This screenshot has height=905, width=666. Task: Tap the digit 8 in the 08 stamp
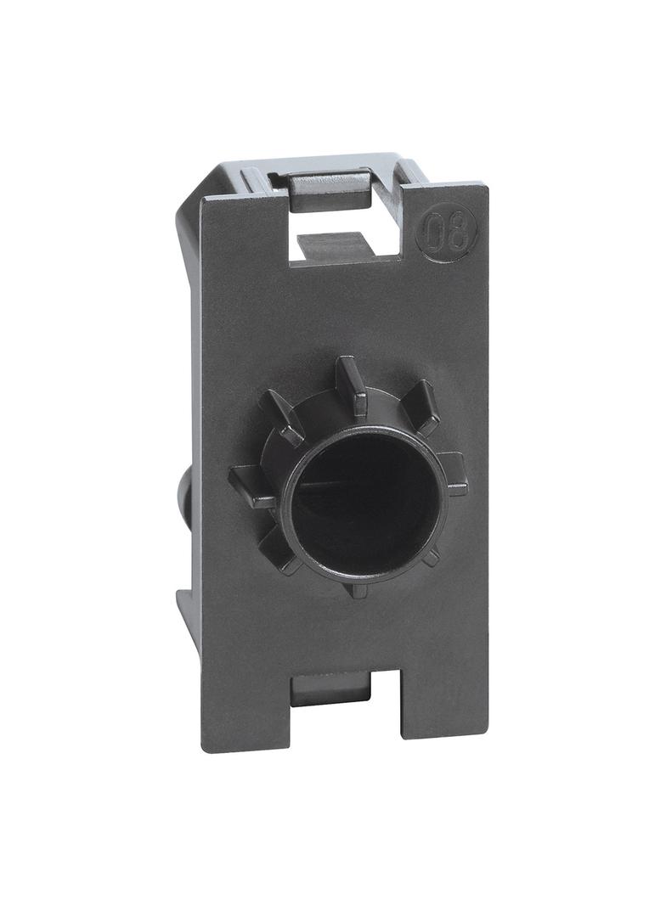pyautogui.click(x=459, y=232)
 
